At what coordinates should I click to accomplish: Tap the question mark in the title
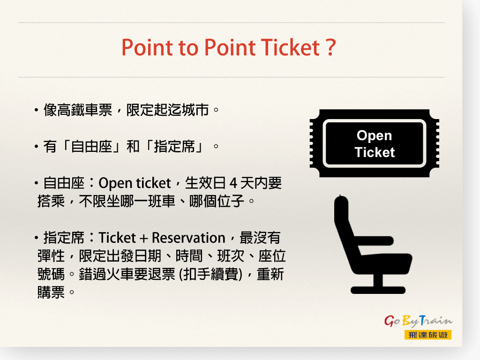coord(330,47)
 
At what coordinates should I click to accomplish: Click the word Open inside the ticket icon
coord(374,136)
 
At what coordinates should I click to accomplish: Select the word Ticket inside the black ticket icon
coord(375,152)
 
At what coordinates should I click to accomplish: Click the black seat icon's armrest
coord(374,240)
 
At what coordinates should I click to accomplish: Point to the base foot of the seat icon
coord(378,290)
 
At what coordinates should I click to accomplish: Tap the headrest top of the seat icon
coord(341,201)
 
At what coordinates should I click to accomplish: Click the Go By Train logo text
coord(418,321)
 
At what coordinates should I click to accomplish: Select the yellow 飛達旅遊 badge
coord(428,335)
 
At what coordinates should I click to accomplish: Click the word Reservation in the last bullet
coord(188,238)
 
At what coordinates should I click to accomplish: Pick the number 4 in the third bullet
coord(233,183)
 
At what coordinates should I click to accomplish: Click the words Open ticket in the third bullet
coord(135,183)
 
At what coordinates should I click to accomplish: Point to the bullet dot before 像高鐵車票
coord(37,110)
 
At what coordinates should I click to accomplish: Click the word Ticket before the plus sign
coord(117,238)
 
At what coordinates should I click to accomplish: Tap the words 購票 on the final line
coord(51,292)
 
